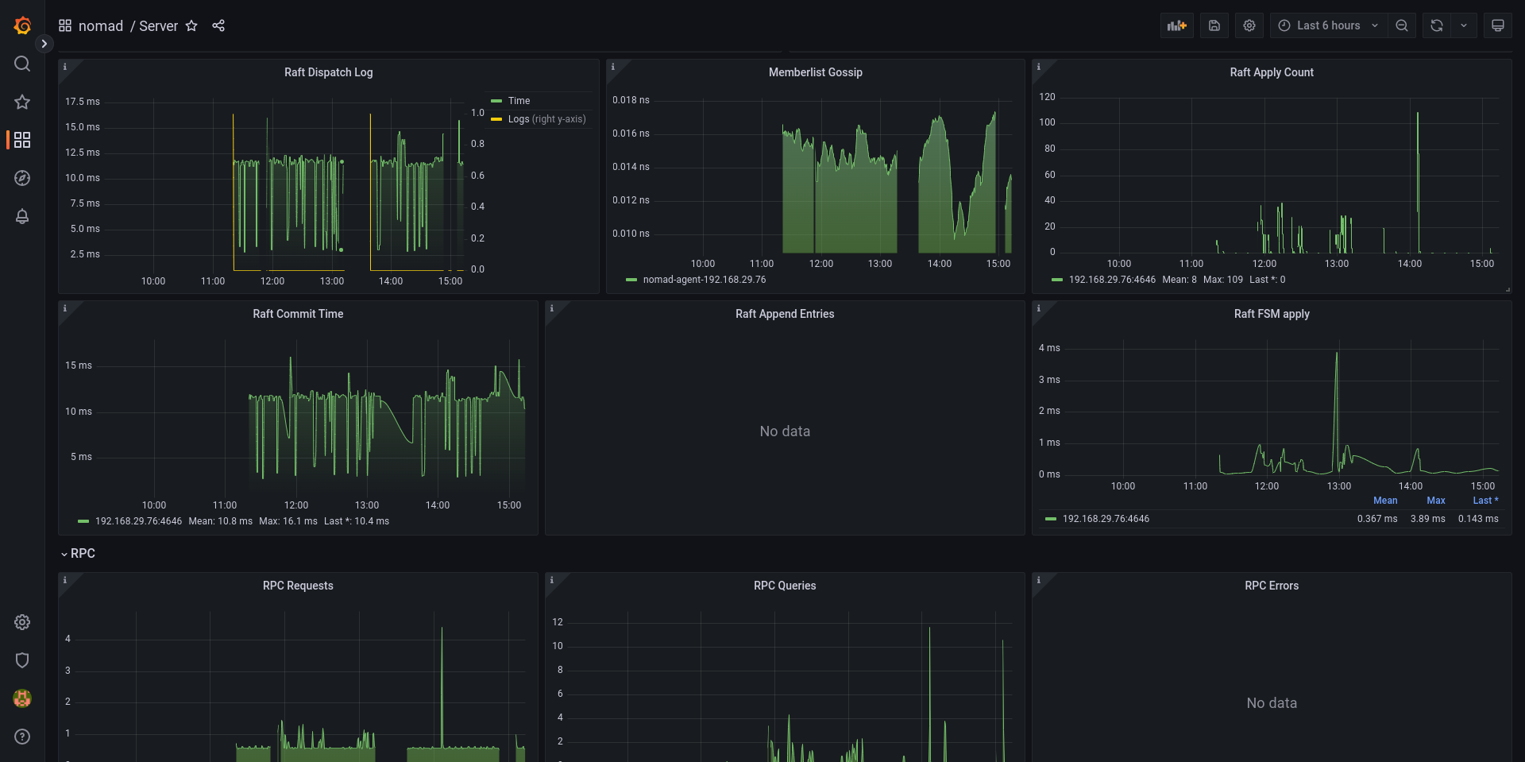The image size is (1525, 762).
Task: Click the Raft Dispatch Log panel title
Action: (x=328, y=72)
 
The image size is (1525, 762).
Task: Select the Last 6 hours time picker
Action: (x=1328, y=25)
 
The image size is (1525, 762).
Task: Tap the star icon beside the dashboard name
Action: (x=191, y=26)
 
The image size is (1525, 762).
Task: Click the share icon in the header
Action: (x=218, y=26)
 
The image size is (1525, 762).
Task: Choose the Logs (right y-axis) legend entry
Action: (x=546, y=119)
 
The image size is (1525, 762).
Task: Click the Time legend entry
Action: (x=519, y=101)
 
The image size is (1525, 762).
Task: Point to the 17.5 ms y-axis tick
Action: (x=83, y=102)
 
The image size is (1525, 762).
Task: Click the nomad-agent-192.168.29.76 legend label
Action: (x=704, y=280)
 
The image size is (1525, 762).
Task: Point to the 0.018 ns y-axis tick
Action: (x=631, y=100)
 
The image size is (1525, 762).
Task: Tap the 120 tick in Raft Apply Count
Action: (x=1047, y=97)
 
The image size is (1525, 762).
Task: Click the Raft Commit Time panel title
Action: (x=298, y=314)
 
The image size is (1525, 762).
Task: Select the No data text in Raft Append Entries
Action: (x=785, y=431)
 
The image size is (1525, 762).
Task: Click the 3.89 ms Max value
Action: (x=1427, y=519)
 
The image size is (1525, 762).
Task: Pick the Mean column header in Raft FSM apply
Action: (x=1385, y=501)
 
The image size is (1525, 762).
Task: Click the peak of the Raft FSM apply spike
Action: (x=1337, y=353)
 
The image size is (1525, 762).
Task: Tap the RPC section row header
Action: (x=83, y=554)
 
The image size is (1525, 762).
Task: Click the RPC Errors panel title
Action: (x=1272, y=586)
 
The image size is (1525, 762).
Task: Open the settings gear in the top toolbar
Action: (x=1249, y=25)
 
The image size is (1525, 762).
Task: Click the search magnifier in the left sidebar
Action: (x=22, y=64)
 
